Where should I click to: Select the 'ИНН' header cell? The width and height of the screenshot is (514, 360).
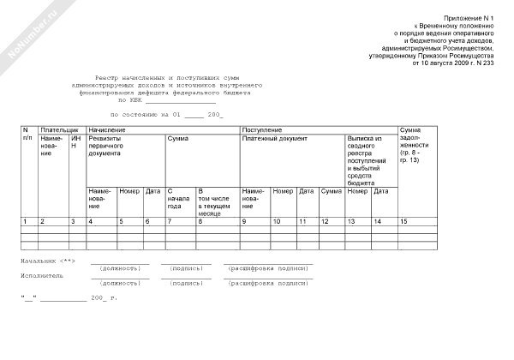(x=75, y=142)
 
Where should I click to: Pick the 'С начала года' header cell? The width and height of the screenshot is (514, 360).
(x=176, y=199)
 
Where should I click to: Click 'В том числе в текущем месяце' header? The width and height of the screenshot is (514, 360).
(x=214, y=202)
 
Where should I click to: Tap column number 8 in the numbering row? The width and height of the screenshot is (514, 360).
(x=200, y=222)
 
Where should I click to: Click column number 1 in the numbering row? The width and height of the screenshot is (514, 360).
(x=25, y=222)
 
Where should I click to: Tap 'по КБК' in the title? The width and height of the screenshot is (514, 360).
(x=128, y=100)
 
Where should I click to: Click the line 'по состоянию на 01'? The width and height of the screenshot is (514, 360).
(x=146, y=114)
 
